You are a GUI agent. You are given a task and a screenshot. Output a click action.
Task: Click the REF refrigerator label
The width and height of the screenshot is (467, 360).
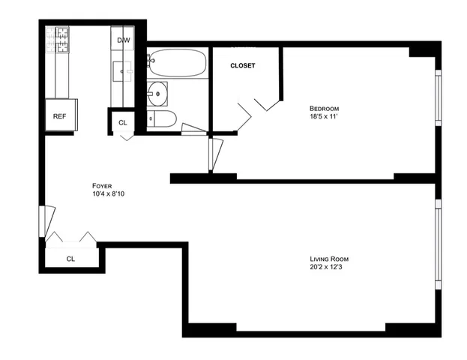point(58,116)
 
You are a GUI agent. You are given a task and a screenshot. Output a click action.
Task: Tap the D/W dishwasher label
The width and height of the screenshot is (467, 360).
point(123,40)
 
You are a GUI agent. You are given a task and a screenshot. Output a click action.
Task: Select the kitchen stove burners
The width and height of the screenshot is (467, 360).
point(57,39)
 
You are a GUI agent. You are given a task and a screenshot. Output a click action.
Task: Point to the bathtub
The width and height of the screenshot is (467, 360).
point(177,64)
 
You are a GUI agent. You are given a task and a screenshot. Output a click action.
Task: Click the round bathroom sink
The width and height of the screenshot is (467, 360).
point(157,94)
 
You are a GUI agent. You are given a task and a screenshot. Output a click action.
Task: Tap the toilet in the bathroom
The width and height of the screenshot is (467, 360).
point(162,118)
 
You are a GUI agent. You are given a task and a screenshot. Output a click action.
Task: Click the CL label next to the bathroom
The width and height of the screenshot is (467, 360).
point(122,122)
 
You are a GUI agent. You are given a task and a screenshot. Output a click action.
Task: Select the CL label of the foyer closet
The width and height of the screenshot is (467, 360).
point(70,259)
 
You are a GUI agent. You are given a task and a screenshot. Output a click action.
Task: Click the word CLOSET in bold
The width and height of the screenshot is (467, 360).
point(242,65)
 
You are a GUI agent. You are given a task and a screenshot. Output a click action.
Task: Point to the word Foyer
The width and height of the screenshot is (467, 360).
point(103,185)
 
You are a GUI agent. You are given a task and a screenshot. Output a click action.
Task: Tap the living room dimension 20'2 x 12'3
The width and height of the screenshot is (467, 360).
point(328,267)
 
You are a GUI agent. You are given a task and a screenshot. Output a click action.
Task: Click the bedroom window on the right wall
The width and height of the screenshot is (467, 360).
point(439,97)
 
